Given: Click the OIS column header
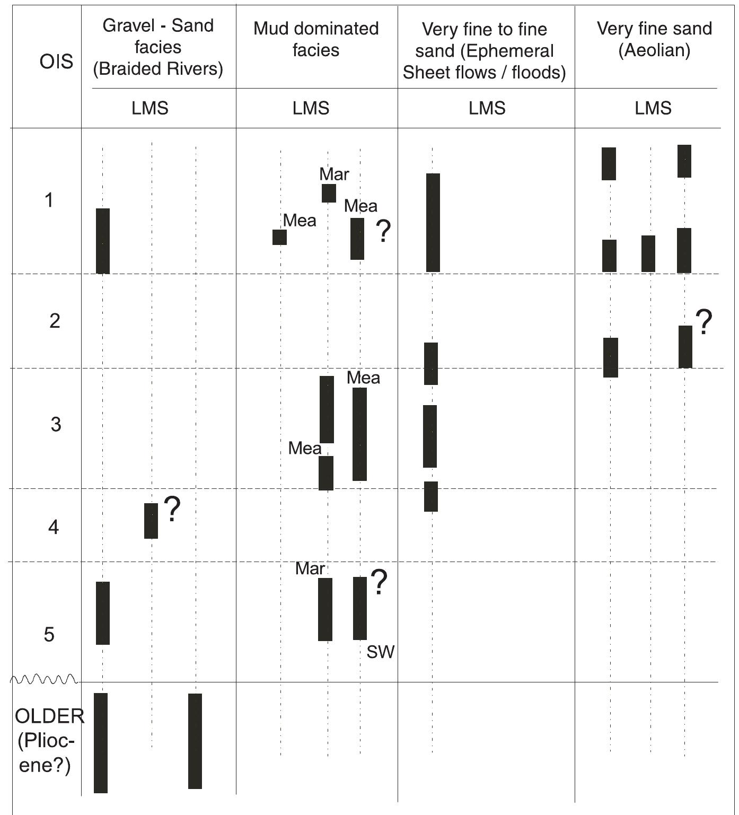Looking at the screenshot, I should pyautogui.click(x=56, y=62).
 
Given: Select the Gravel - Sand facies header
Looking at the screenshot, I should pyautogui.click(x=158, y=47).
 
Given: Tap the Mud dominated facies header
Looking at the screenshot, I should pyautogui.click(x=316, y=39).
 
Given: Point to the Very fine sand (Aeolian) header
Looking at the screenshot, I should pyautogui.click(x=654, y=39).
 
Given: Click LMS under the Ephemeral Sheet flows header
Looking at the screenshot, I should pyautogui.click(x=487, y=108).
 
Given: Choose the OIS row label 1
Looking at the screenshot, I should pyautogui.click(x=49, y=200).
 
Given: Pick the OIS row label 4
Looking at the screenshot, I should pyautogui.click(x=54, y=527).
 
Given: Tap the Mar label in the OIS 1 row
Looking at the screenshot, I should pyautogui.click(x=334, y=174).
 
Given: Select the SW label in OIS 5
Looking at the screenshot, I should pyautogui.click(x=380, y=652).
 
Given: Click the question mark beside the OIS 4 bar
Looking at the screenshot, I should pyautogui.click(x=172, y=509).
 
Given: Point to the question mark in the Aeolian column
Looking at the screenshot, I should pyautogui.click(x=703, y=322).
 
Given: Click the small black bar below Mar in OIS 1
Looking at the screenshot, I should pyautogui.click(x=329, y=193).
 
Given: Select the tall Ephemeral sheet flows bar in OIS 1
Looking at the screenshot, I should pyautogui.click(x=433, y=223).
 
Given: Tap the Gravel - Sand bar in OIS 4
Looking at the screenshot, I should pyautogui.click(x=151, y=521).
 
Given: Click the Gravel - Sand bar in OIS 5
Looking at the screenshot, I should pyautogui.click(x=103, y=613).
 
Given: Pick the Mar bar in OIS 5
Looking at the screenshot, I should pyautogui.click(x=325, y=609).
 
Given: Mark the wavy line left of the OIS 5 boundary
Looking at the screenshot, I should pyautogui.click(x=45, y=679).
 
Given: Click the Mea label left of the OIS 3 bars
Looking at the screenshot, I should pyautogui.click(x=304, y=449).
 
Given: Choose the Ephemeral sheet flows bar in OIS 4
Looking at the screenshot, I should pyautogui.click(x=430, y=496).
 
